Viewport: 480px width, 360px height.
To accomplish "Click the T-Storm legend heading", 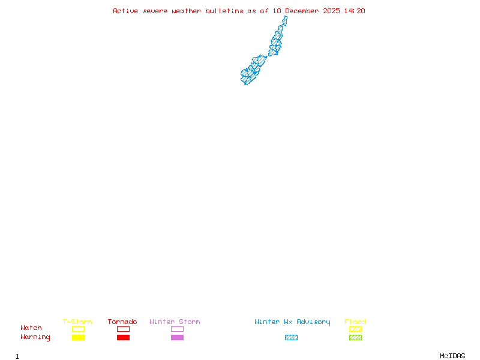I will (77, 322).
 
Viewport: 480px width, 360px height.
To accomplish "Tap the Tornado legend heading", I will (122, 322).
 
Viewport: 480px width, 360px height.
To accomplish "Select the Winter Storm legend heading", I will (175, 322).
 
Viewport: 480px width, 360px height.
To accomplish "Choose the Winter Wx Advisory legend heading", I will (292, 322).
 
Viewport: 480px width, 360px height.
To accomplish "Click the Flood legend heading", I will (355, 322).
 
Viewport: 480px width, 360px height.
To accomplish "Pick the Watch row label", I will (31, 328).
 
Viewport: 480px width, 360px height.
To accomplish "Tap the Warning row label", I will (35, 337).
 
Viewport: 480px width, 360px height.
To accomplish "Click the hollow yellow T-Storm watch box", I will (78, 329).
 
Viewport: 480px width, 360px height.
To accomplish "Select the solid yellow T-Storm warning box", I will (78, 337).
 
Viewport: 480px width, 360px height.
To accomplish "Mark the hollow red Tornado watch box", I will (123, 329).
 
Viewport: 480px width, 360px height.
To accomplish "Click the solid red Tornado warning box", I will (123, 337).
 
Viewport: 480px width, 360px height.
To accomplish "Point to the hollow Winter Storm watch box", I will (177, 329).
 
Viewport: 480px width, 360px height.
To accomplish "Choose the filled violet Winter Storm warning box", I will (177, 337).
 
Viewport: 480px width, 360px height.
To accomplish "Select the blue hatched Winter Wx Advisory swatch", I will (291, 337).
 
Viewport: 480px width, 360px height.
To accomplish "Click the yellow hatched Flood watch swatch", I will (355, 329).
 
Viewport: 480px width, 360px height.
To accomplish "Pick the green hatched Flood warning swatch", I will (355, 337).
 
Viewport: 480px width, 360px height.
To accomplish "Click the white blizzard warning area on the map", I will (286, 27).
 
